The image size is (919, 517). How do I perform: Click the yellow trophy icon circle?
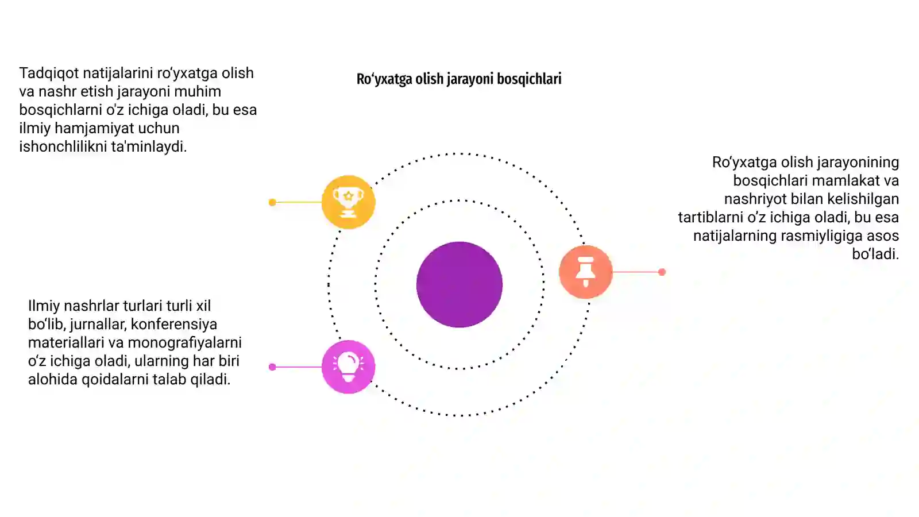click(x=348, y=202)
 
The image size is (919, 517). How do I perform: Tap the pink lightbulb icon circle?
click(x=348, y=367)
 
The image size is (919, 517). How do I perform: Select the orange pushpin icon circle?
click(x=585, y=272)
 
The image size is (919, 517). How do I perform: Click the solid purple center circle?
click(x=459, y=284)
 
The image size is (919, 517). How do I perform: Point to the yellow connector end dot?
click(x=272, y=202)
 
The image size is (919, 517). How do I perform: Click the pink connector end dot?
click(x=272, y=367)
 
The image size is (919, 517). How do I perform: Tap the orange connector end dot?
click(x=662, y=272)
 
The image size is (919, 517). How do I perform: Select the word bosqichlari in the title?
click(x=529, y=79)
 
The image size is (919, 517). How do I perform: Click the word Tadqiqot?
click(x=49, y=74)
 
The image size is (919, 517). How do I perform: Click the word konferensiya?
click(x=174, y=324)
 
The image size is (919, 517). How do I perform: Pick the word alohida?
click(x=53, y=379)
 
